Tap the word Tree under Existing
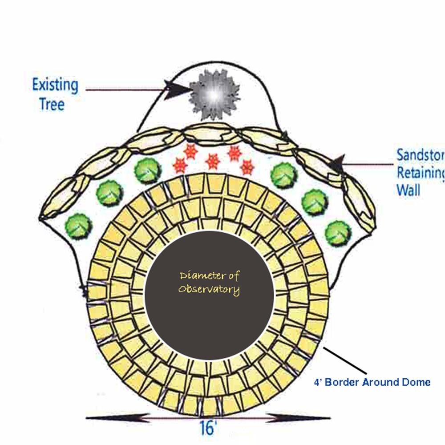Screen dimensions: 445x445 click(52, 105)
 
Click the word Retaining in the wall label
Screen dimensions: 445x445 click(421, 173)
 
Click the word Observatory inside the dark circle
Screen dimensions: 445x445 click(209, 290)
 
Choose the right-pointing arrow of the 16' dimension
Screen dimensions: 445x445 click(298, 418)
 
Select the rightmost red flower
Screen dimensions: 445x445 click(247, 167)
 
